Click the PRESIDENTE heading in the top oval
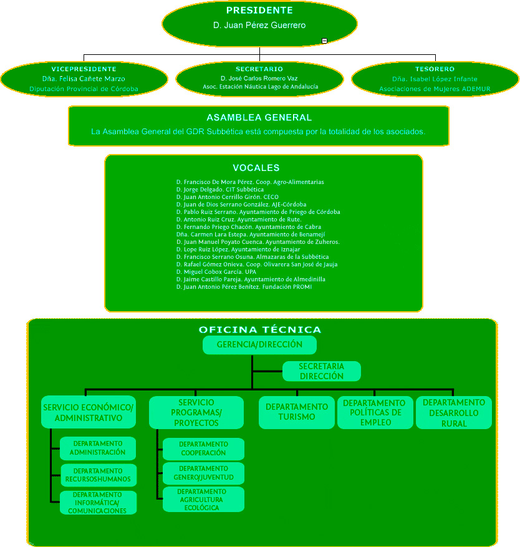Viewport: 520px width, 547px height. click(x=259, y=11)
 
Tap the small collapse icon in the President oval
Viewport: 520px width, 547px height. click(x=324, y=41)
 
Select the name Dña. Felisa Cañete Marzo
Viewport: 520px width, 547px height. click(x=84, y=79)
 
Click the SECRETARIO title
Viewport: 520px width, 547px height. click(x=259, y=69)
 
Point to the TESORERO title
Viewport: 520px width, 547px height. click(x=435, y=69)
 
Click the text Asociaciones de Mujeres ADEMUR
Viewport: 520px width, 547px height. click(x=435, y=89)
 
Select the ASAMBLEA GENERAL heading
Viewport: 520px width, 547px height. click(x=259, y=117)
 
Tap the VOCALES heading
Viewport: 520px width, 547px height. click(x=256, y=168)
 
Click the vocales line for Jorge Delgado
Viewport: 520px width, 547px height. click(x=220, y=190)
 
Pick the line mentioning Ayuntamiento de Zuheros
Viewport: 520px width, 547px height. click(x=258, y=242)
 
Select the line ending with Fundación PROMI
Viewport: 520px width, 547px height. click(x=244, y=287)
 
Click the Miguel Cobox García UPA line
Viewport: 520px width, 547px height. click(x=216, y=272)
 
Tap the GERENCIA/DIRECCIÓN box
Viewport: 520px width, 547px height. click(x=259, y=345)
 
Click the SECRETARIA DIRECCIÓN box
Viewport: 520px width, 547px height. click(x=322, y=371)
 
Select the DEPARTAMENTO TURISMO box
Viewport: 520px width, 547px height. click(x=297, y=412)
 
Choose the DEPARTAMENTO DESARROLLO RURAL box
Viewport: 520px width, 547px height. click(x=454, y=412)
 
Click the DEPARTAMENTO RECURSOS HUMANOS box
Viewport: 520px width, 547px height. click(x=99, y=475)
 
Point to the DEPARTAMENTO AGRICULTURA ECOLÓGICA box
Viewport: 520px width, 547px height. click(x=203, y=500)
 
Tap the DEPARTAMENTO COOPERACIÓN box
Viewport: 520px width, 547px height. click(x=203, y=449)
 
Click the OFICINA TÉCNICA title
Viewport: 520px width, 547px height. click(x=260, y=330)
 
